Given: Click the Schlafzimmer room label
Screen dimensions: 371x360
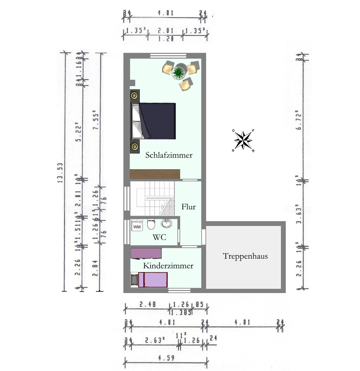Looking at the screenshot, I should (x=169, y=155).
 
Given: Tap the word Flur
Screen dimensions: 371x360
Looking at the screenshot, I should (x=188, y=207).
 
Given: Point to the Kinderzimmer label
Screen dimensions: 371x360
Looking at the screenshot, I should (x=168, y=266).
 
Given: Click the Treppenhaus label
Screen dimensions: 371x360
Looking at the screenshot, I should (x=245, y=256).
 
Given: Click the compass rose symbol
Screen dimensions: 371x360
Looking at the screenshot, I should (x=243, y=140).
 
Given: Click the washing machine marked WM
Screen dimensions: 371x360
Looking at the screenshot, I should (x=137, y=226).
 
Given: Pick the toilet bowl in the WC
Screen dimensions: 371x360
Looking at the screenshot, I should (x=151, y=224).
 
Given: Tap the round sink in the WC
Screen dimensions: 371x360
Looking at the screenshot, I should (x=166, y=224).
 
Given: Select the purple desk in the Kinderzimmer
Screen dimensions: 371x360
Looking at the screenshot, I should (x=146, y=253).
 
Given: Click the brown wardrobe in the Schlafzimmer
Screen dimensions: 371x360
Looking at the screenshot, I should (x=155, y=174).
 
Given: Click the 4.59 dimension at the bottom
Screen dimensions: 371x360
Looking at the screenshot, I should (x=165, y=359).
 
